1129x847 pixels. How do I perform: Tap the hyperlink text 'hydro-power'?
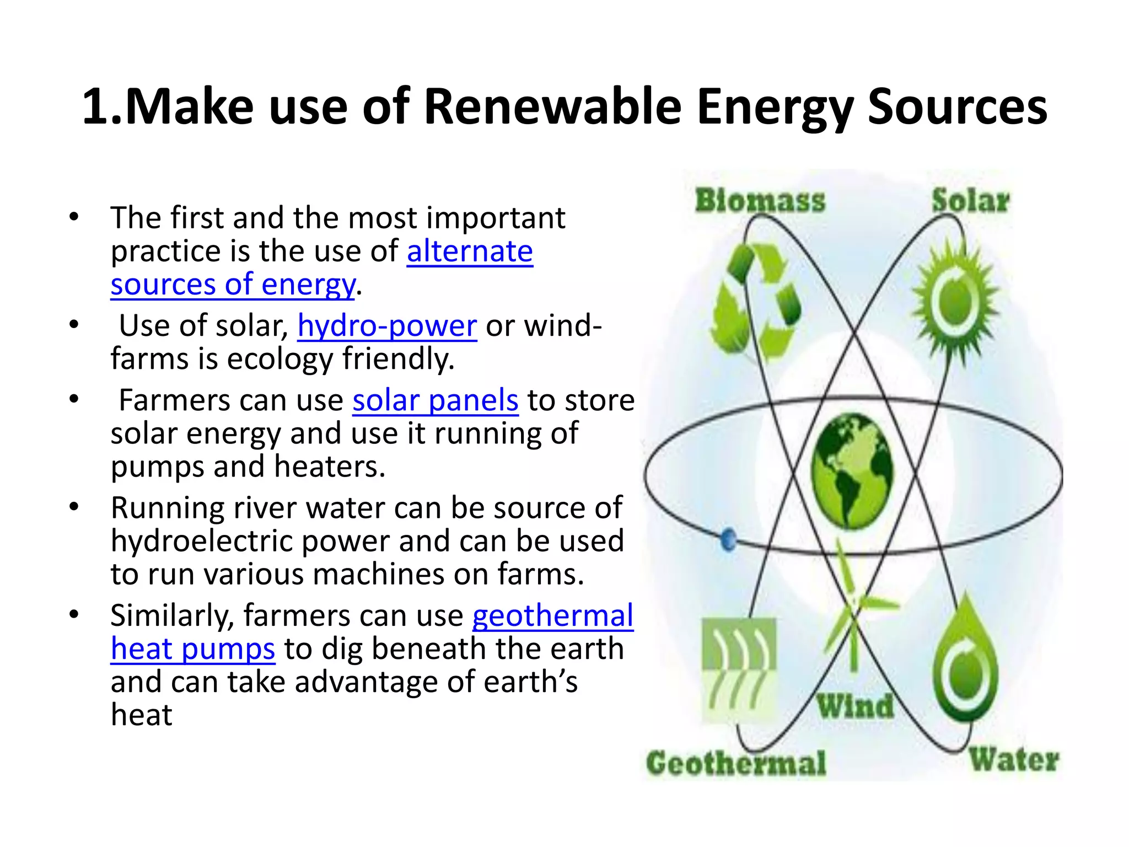(387, 326)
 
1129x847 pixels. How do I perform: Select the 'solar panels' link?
(436, 400)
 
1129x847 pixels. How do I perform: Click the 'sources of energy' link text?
(233, 285)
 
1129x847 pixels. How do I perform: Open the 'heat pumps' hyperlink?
(193, 649)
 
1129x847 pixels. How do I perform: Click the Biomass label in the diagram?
(760, 201)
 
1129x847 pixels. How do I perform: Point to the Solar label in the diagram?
(970, 201)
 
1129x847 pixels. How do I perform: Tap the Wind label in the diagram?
(855, 706)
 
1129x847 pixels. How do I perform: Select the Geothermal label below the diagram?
(736, 764)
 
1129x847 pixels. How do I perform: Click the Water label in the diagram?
(1014, 760)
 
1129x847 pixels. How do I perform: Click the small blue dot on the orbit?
(728, 539)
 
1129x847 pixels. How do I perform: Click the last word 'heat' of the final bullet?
(142, 715)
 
